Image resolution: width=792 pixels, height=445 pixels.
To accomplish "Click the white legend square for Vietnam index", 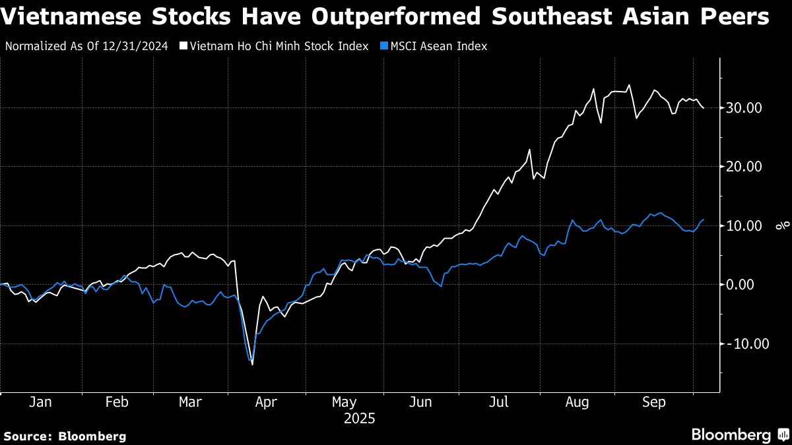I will point(183,47).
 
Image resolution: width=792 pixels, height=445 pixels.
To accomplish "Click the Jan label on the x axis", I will point(40,401).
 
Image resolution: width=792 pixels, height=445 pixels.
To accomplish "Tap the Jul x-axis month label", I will point(499,401).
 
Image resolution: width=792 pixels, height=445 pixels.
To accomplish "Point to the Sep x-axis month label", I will point(653,401).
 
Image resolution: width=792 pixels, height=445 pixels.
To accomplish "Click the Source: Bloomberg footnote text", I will point(65,436).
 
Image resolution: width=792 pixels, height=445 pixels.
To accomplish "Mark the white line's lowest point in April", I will point(252,365).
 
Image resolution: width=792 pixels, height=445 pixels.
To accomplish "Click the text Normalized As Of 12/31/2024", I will point(86,47).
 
